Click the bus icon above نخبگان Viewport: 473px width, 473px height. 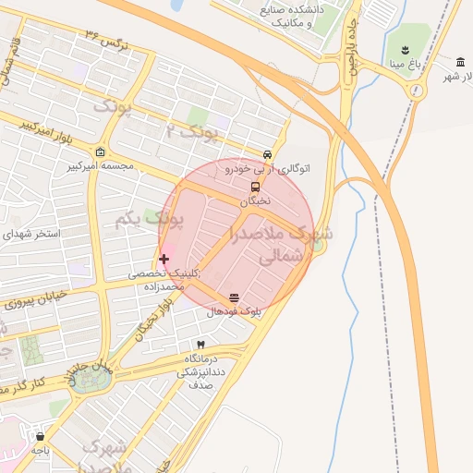(x=255, y=187)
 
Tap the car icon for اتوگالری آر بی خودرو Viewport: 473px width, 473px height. (x=267, y=155)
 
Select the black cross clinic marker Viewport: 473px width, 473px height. (x=164, y=259)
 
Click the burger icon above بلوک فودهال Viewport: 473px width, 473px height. (x=233, y=298)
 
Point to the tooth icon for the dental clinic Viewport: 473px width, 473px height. (x=200, y=345)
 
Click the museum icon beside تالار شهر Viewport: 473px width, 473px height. (x=459, y=62)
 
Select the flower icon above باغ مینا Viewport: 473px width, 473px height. (x=405, y=49)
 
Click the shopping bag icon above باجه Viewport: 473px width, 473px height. (x=40, y=436)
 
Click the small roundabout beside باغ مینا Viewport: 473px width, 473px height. (x=418, y=90)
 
